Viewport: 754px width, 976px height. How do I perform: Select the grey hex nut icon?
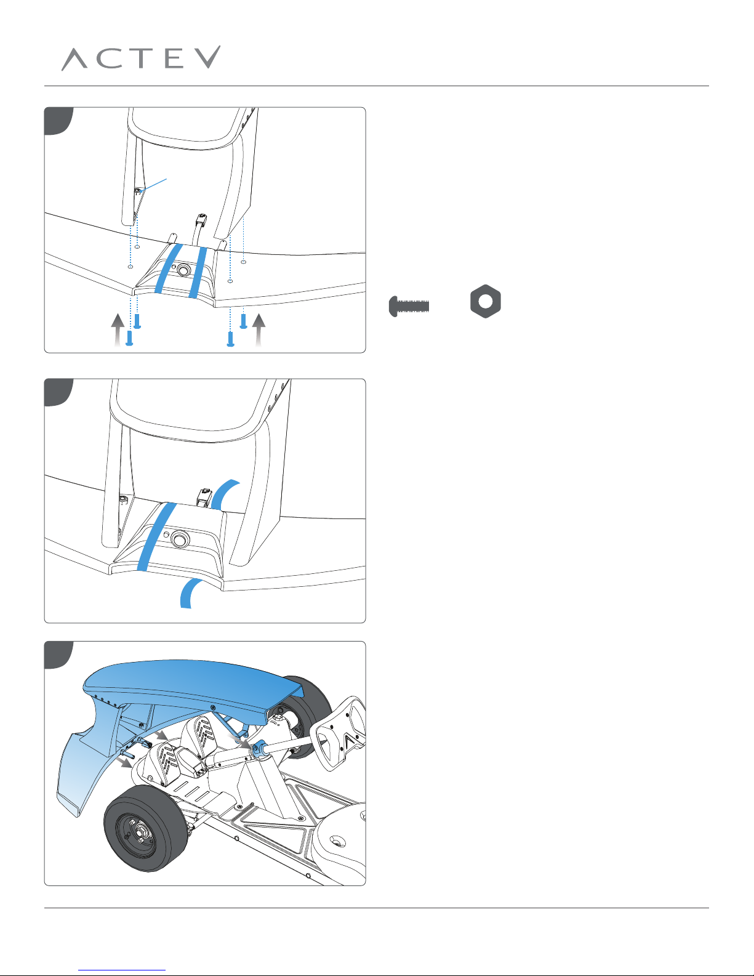click(486, 301)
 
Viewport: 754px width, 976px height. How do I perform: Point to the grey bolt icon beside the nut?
click(409, 306)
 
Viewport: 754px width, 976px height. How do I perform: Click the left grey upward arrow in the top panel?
click(118, 330)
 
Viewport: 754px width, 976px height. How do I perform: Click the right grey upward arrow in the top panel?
click(259, 330)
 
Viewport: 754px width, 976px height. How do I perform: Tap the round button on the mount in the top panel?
click(183, 270)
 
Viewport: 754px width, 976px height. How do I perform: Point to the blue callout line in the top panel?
click(153, 185)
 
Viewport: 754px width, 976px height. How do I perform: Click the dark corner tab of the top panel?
click(57, 119)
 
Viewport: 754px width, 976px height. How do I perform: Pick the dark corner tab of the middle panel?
click(57, 391)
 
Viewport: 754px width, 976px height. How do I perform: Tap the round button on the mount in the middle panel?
click(179, 539)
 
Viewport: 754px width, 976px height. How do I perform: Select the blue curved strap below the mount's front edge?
click(190, 594)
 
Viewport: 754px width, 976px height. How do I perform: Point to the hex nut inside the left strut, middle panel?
click(124, 499)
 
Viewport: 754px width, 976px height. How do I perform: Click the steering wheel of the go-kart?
click(341, 733)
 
